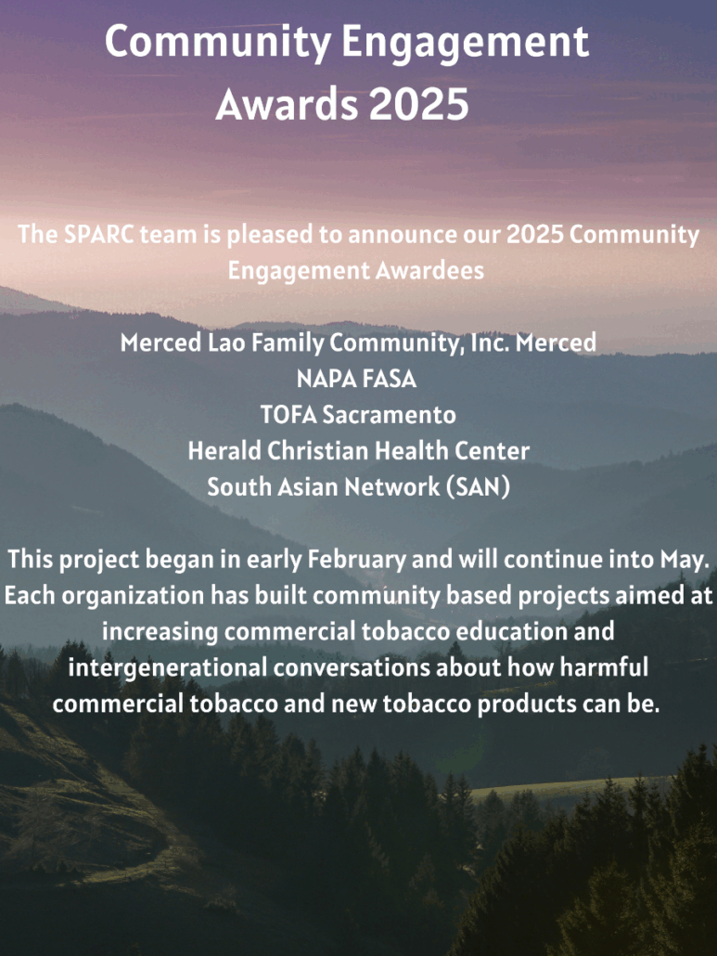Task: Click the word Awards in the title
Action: (x=287, y=104)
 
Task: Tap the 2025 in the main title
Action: (x=418, y=104)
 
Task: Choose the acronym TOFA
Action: (x=288, y=415)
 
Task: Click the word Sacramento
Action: (x=390, y=415)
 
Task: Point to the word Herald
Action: (x=224, y=450)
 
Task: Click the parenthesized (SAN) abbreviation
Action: (x=479, y=487)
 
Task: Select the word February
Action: (x=356, y=560)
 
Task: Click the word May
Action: (x=685, y=560)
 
